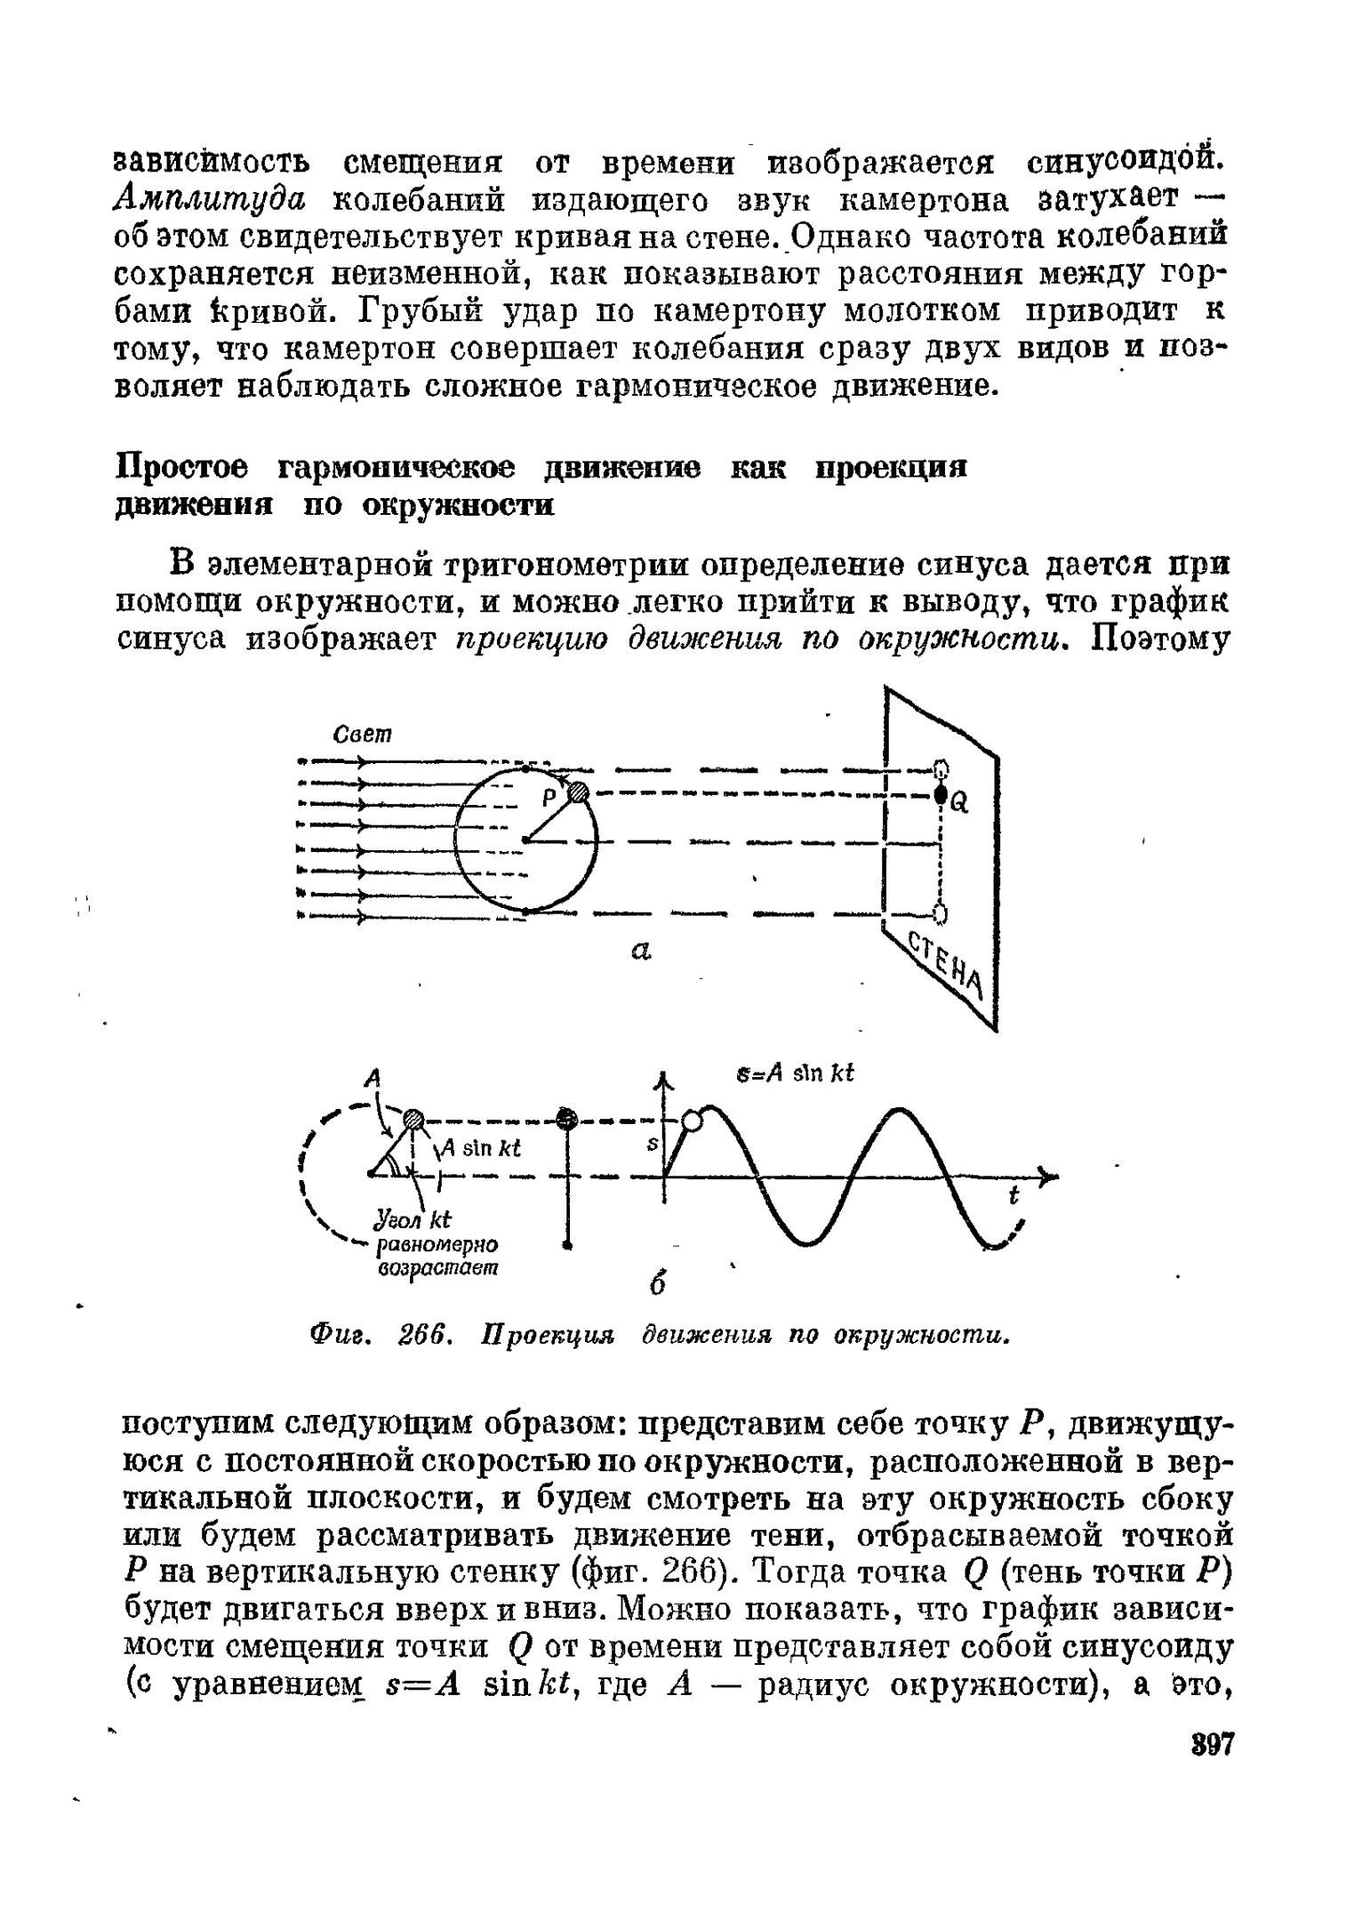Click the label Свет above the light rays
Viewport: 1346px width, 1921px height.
362,735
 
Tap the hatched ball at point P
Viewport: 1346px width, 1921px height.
579,792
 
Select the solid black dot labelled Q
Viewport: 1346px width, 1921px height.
939,795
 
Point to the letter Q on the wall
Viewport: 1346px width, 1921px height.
959,803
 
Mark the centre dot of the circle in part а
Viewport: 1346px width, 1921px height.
525,839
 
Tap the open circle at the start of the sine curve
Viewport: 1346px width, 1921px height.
692,1121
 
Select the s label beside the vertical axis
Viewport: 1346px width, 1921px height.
651,1147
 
